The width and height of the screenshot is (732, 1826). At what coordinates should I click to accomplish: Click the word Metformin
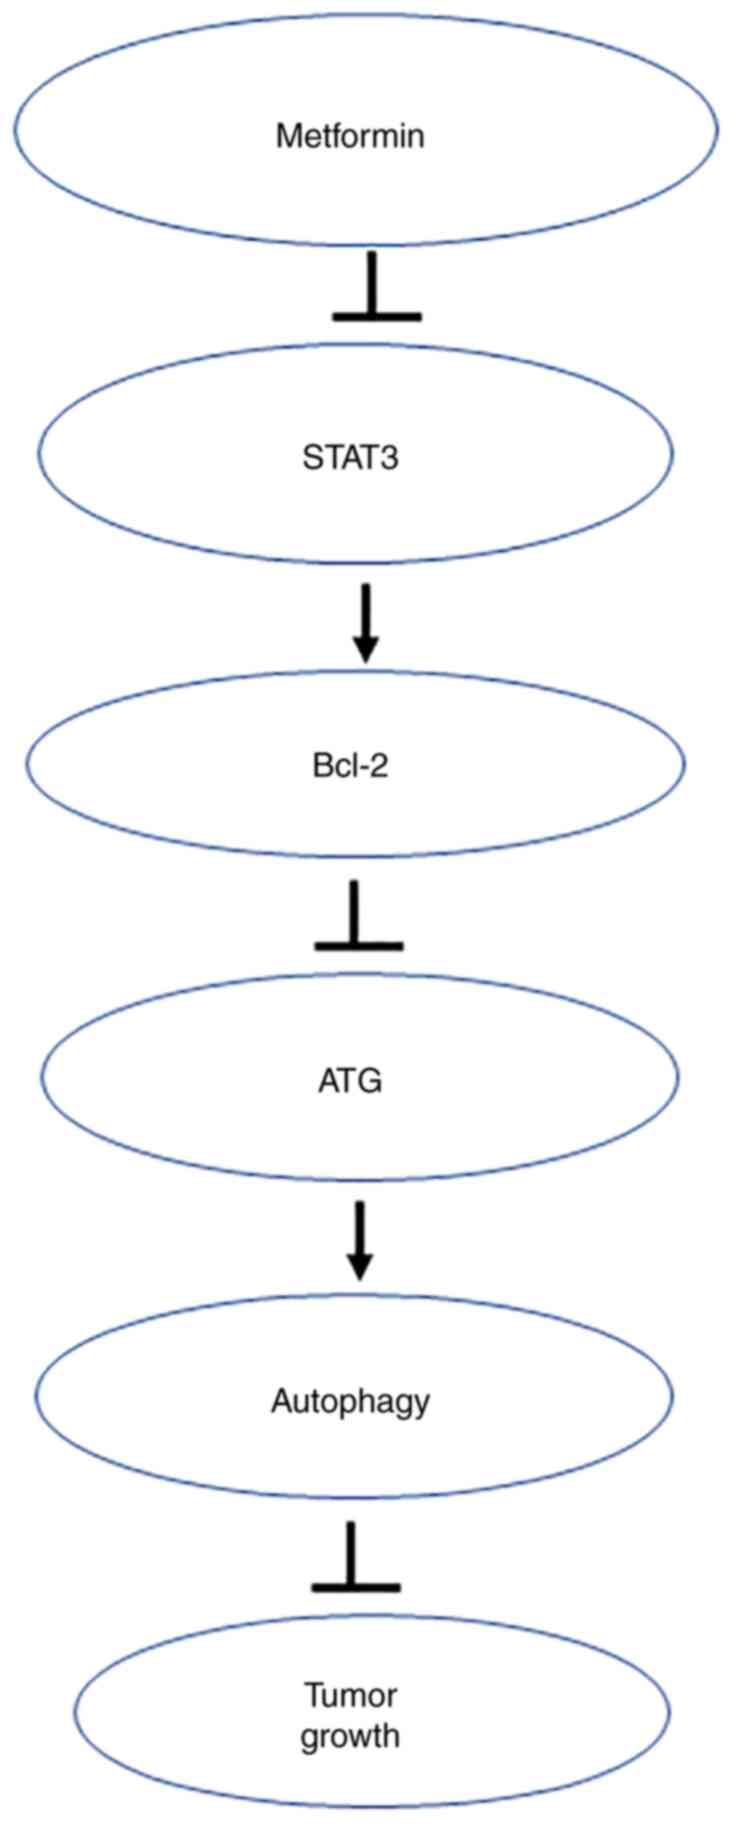point(349,135)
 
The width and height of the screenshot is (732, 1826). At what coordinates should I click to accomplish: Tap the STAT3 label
point(349,459)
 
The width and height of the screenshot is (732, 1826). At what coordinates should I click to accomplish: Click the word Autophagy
point(350,1402)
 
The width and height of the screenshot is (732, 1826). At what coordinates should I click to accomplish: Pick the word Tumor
point(350,1696)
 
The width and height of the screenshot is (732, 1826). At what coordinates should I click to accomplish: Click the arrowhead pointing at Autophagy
point(360,1267)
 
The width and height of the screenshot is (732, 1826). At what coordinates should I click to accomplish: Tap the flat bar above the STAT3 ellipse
point(376,316)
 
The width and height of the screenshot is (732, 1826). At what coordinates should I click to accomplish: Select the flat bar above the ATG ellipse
point(359,944)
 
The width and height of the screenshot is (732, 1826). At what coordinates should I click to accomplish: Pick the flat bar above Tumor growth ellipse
point(355,1586)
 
